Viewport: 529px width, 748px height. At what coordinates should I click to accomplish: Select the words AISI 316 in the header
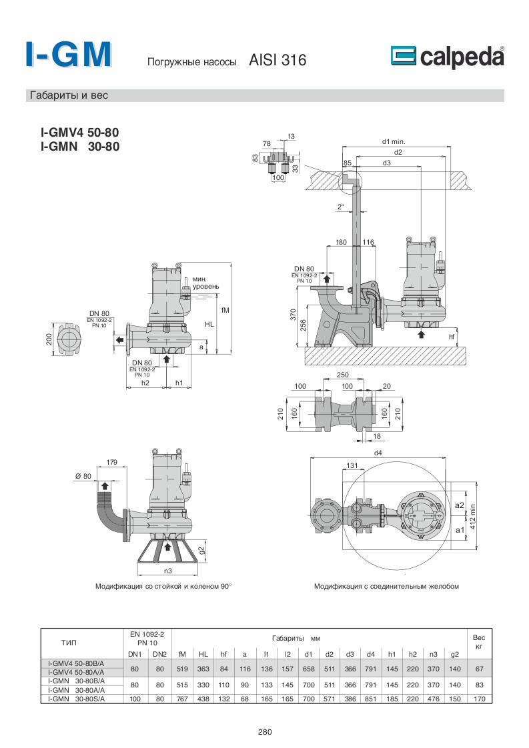click(278, 61)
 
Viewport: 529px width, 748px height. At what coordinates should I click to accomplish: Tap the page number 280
click(265, 731)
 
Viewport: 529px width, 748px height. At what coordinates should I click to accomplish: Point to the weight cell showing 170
click(478, 699)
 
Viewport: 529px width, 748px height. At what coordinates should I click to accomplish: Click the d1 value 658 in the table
click(308, 669)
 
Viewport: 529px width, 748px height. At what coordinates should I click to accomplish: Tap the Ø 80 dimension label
click(82, 475)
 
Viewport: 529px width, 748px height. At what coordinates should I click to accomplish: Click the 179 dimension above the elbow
click(112, 462)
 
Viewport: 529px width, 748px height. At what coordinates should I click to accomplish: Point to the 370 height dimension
click(293, 314)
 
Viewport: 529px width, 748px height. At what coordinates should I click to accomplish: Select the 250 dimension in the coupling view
click(343, 375)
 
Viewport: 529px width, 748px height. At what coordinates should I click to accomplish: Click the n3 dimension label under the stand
click(168, 571)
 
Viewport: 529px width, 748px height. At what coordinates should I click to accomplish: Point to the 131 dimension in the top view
click(354, 465)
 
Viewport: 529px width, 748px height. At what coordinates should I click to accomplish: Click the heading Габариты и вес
click(68, 95)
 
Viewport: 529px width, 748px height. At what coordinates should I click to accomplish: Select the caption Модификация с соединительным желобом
click(386, 587)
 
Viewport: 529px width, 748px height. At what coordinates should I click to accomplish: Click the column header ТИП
click(69, 643)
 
